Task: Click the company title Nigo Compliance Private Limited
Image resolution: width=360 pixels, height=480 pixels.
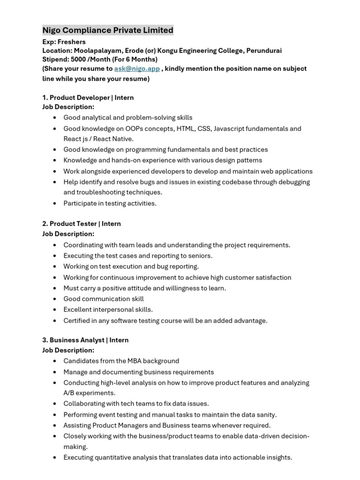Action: [108, 30]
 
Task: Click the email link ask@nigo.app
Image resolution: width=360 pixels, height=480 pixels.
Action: [137, 68]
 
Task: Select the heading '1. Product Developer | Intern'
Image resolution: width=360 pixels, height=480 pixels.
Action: [88, 97]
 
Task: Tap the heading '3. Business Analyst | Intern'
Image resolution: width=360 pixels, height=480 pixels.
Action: [85, 340]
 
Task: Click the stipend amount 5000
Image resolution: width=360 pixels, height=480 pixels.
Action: [78, 60]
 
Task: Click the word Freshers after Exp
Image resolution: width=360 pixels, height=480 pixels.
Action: [71, 42]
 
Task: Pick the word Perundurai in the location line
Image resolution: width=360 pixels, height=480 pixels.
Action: [264, 51]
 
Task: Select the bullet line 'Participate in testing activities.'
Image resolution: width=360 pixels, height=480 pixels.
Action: [110, 203]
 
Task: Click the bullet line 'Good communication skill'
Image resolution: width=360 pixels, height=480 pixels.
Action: [104, 299]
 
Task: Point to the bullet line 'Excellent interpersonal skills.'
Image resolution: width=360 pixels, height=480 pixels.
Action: [108, 309]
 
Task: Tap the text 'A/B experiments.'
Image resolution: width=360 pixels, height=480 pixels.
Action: [89, 393]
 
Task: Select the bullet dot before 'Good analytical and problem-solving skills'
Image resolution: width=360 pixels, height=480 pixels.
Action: [55, 118]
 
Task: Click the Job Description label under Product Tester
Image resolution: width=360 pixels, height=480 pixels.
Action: [68, 233]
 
